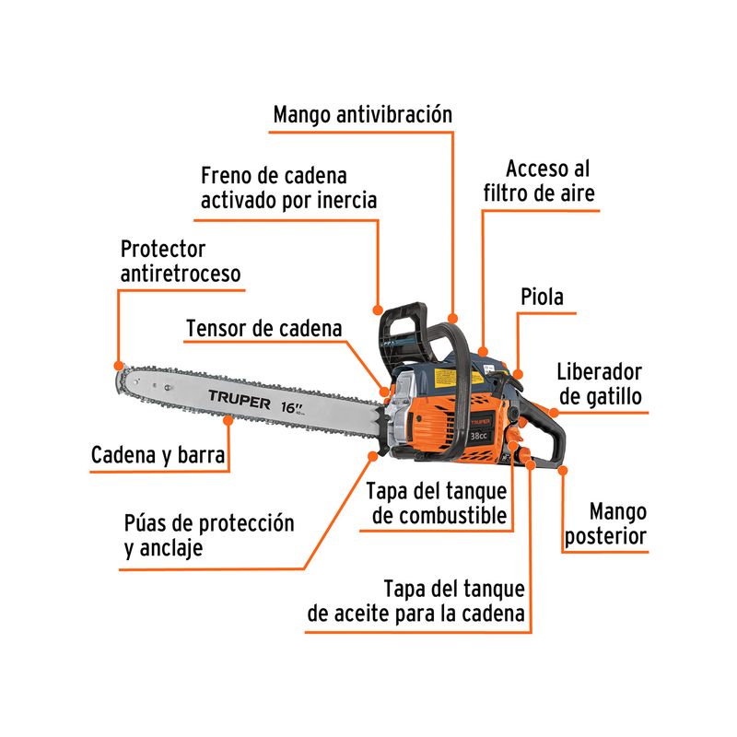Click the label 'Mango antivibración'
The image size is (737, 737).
point(363,116)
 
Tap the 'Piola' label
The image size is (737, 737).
point(542,297)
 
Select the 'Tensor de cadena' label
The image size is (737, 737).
point(263,329)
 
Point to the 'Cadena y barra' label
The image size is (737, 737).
point(158,455)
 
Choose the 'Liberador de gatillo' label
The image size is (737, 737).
point(599,384)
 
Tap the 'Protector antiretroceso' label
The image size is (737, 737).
point(181,261)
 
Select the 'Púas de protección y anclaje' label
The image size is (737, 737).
point(209,535)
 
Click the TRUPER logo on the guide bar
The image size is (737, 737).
point(238,402)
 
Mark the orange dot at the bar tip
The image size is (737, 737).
point(118,365)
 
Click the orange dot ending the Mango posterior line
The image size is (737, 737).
point(563,470)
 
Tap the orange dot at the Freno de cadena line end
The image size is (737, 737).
point(378,308)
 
